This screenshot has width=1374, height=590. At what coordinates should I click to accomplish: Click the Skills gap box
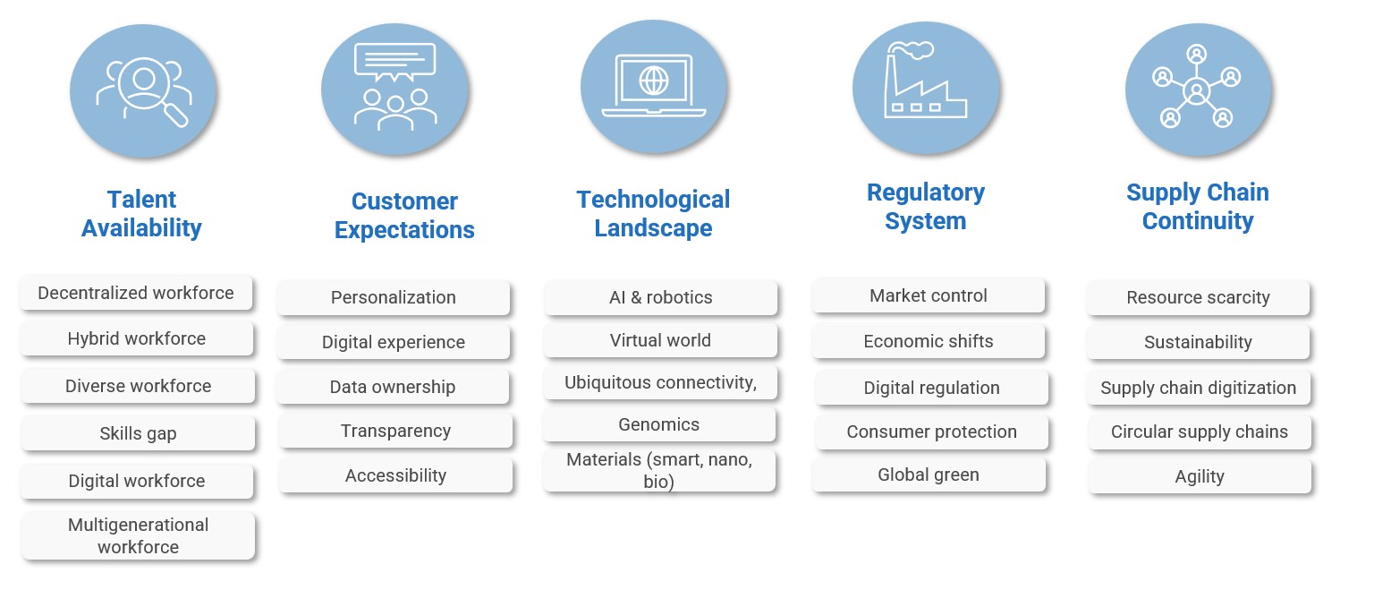click(138, 433)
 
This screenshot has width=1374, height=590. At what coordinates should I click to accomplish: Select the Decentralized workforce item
click(136, 293)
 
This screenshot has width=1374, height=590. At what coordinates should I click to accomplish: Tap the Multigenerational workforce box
click(138, 535)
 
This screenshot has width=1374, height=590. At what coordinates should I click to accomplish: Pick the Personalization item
click(394, 297)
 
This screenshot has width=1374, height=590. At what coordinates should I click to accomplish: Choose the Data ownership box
click(393, 387)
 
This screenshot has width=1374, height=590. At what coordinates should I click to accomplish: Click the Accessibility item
click(395, 475)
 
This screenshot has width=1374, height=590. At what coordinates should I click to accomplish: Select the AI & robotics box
click(660, 297)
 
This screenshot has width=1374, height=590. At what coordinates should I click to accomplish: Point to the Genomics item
click(659, 424)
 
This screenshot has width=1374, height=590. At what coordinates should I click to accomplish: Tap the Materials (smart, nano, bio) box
click(659, 470)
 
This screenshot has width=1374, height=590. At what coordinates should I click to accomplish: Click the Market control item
click(929, 295)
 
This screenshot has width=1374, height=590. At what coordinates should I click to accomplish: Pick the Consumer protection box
click(931, 432)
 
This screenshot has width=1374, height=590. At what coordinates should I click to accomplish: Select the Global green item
click(929, 475)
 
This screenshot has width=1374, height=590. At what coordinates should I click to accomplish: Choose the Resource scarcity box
click(1198, 297)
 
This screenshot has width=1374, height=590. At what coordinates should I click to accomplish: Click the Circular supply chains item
click(1199, 432)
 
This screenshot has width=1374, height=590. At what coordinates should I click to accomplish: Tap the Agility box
click(1199, 476)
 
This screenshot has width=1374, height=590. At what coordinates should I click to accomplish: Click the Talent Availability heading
click(141, 213)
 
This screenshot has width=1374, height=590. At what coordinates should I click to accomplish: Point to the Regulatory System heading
click(926, 206)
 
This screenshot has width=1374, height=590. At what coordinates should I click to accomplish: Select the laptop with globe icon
click(653, 85)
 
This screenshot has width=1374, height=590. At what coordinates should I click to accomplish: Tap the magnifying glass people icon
click(143, 90)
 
